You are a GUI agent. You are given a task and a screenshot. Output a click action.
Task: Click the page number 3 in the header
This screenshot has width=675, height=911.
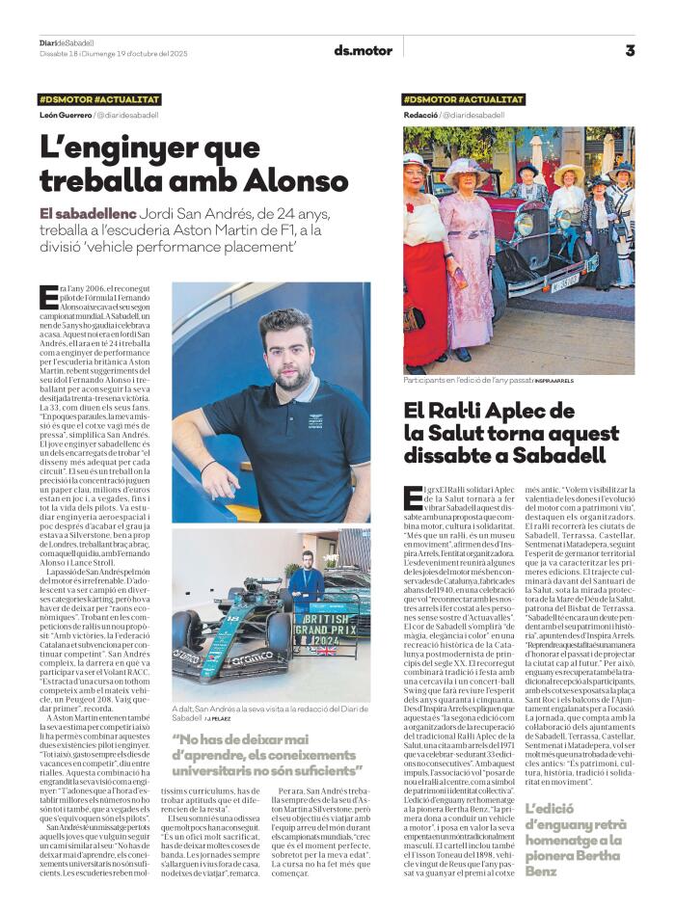630,50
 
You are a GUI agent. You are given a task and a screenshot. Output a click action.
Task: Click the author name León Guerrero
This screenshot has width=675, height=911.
65,115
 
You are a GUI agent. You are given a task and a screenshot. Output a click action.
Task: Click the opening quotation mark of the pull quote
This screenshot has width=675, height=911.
176,739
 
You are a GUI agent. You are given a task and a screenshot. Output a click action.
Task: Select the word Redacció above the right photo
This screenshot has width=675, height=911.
419,115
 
